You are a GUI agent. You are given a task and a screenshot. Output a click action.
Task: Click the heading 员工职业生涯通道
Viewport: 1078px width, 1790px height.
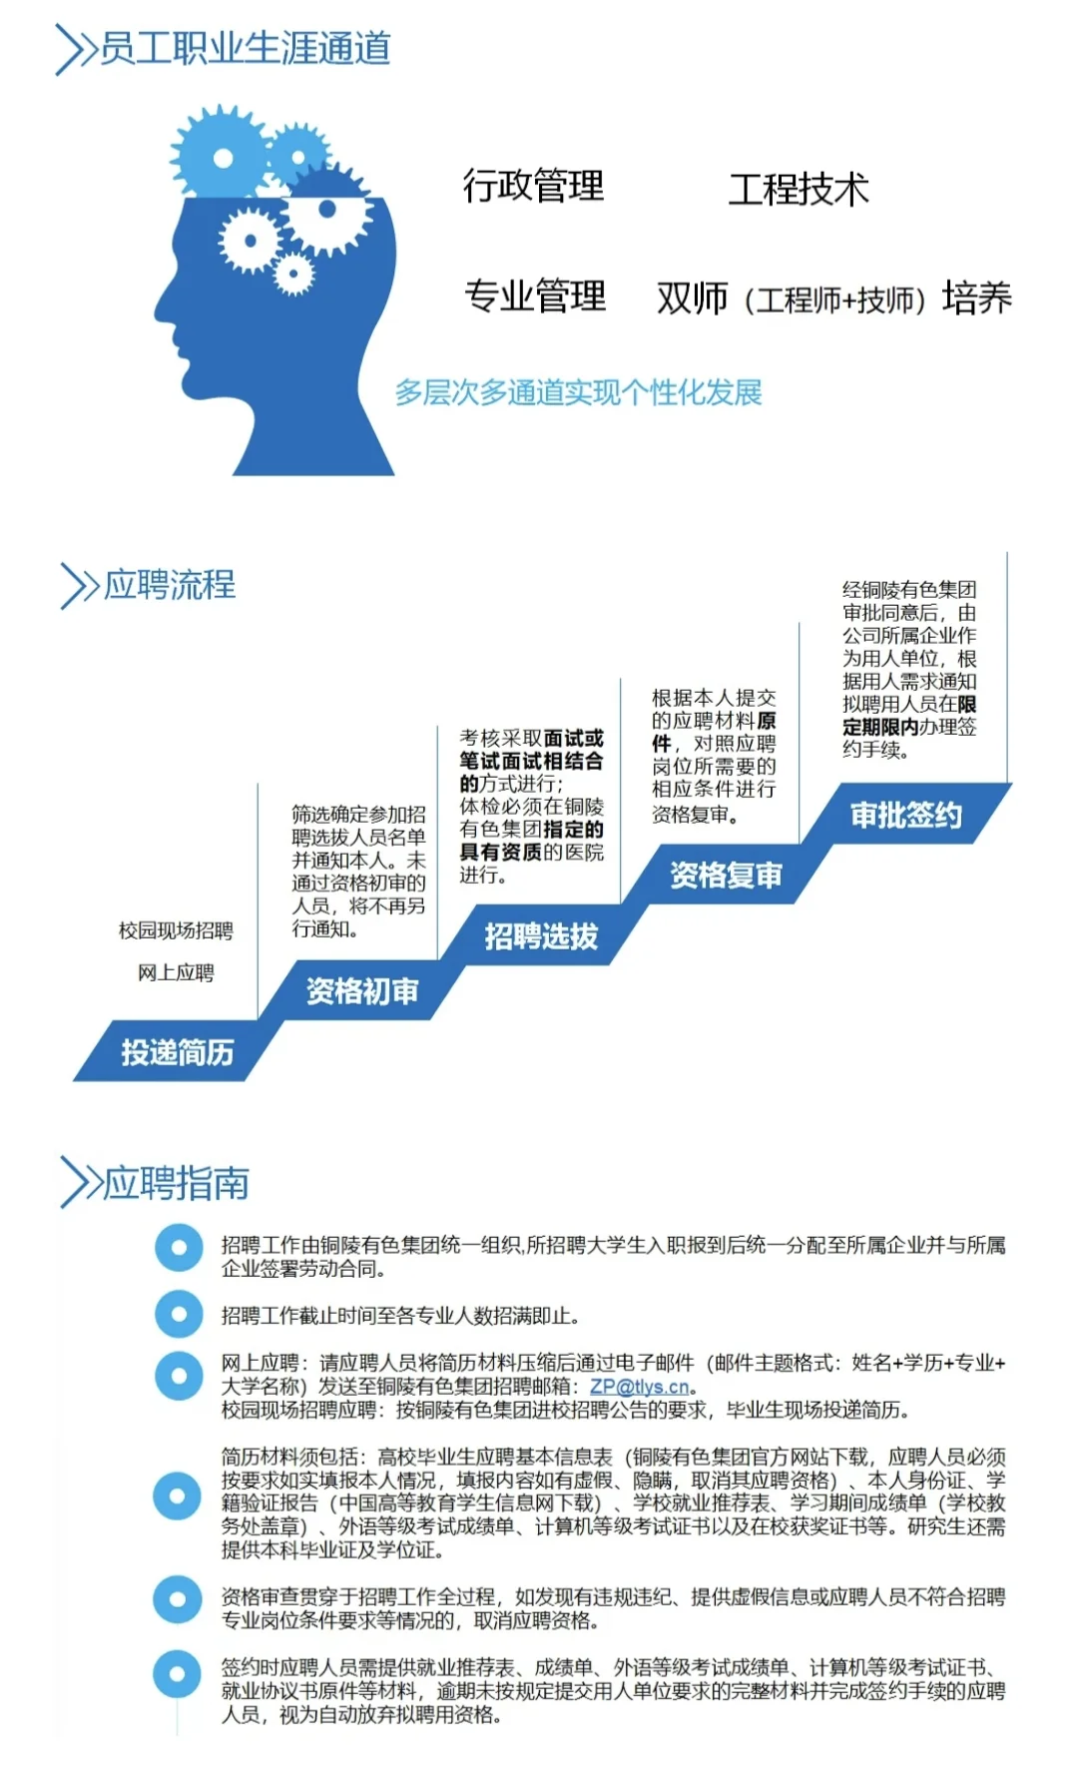tap(245, 48)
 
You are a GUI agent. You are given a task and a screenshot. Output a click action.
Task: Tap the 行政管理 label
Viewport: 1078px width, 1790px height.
tap(533, 186)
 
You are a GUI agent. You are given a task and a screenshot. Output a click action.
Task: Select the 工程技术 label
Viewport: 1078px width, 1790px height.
tap(799, 189)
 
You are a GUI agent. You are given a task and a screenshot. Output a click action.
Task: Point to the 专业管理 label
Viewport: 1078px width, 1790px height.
tap(535, 296)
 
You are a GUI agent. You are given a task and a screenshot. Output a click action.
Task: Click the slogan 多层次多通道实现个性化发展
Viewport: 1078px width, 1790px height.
tap(578, 392)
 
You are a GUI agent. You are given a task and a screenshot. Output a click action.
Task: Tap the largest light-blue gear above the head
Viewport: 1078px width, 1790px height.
tap(222, 157)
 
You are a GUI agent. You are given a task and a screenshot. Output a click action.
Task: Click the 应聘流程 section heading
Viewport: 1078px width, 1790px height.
tap(170, 584)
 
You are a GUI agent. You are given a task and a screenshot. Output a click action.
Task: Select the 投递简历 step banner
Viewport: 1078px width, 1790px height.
tap(177, 1052)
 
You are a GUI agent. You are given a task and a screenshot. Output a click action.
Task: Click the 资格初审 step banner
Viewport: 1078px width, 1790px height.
tap(361, 990)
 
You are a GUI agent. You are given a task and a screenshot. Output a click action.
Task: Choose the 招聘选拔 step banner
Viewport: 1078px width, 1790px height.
tap(541, 935)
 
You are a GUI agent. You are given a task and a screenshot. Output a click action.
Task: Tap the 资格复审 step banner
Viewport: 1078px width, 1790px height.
tap(726, 876)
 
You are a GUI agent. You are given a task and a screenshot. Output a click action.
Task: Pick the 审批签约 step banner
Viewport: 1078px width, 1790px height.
tap(905, 815)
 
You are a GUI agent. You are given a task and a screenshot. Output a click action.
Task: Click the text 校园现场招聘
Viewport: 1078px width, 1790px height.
tap(176, 930)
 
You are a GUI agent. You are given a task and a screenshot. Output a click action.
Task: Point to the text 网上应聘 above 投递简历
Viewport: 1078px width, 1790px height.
tap(176, 972)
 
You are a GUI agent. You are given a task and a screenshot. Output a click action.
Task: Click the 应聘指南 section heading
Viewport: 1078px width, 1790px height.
tap(176, 1183)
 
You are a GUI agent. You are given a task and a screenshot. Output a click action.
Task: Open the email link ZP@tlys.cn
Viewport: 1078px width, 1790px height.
tap(639, 1387)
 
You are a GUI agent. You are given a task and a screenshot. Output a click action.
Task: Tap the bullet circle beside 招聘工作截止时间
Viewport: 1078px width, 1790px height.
tap(179, 1315)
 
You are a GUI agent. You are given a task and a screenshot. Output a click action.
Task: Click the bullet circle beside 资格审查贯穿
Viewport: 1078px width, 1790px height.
tap(179, 1599)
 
